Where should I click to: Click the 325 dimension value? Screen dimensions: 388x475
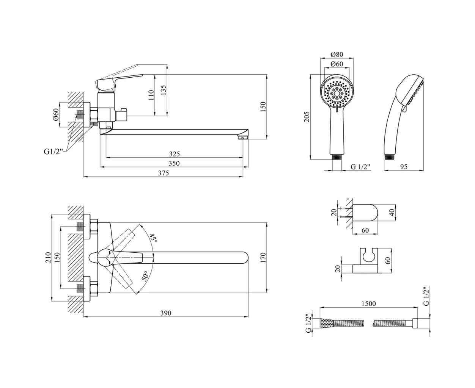coord(174,154)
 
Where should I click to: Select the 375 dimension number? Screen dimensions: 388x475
coord(163,173)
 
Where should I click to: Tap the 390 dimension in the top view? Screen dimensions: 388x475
coord(166,313)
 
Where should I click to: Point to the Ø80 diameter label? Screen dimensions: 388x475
coord(337,54)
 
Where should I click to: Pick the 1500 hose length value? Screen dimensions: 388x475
coord(368,304)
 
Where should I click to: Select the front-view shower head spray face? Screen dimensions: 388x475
coord(337,93)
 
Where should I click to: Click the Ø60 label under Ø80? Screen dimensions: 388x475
coord(337,64)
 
